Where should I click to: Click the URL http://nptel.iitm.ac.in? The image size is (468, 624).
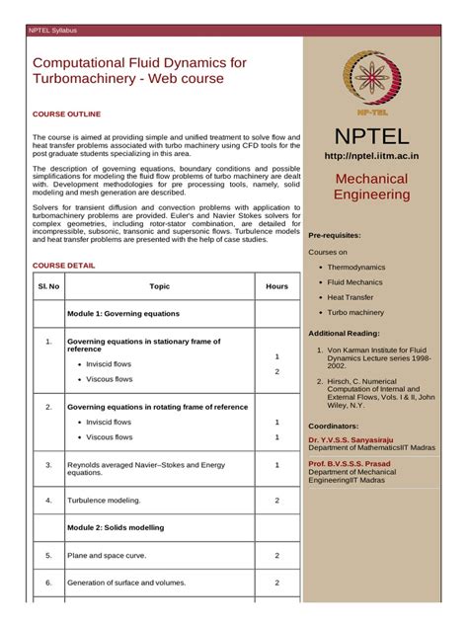click(372, 156)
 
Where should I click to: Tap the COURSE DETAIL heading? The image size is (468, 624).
click(64, 266)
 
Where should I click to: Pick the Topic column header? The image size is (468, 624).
click(159, 286)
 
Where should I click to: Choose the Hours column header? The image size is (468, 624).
click(276, 286)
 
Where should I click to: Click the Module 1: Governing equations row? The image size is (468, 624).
click(123, 314)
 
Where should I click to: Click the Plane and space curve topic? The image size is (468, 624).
click(107, 556)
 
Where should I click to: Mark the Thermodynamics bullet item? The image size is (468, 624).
click(357, 268)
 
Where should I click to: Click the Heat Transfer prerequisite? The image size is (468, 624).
click(351, 297)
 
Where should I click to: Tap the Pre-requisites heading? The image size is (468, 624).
click(335, 236)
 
